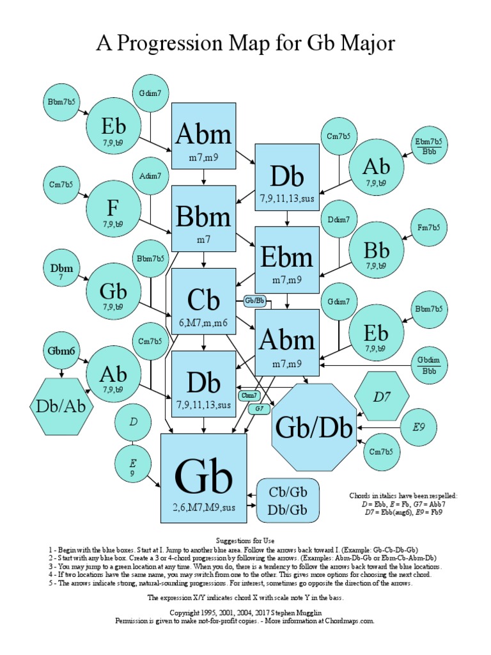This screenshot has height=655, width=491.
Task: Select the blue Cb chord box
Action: point(204,301)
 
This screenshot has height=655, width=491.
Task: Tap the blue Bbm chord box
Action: point(204,218)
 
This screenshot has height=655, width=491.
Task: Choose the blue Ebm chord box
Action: point(287,259)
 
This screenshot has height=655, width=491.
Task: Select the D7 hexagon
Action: point(382,397)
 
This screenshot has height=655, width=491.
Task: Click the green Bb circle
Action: point(377,250)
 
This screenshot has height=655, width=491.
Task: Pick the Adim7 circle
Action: point(151,176)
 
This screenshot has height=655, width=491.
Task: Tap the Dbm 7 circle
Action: point(61,272)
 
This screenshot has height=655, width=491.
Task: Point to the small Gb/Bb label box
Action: point(255,300)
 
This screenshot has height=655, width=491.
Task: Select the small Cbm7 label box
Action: point(249,396)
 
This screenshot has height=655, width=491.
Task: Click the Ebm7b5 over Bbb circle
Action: point(428,146)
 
